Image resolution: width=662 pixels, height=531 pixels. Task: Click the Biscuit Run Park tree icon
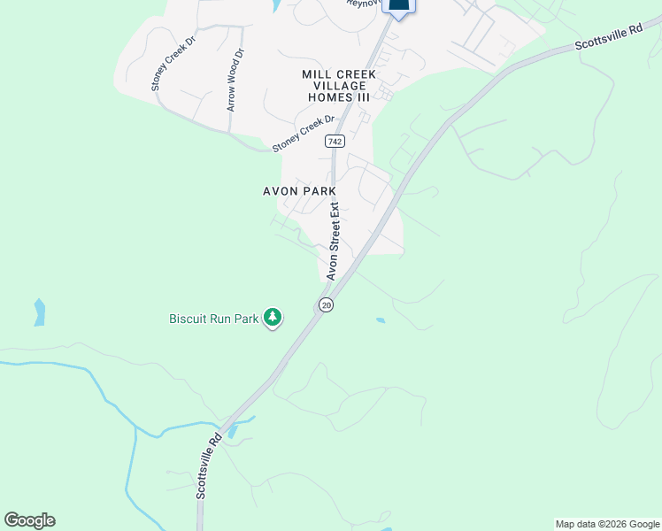(x=273, y=317)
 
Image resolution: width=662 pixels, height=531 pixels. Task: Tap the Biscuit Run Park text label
(x=214, y=318)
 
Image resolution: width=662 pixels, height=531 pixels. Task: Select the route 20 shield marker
(x=326, y=304)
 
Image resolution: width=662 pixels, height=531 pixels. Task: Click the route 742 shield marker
(x=335, y=142)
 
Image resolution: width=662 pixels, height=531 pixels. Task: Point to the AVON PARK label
(x=299, y=191)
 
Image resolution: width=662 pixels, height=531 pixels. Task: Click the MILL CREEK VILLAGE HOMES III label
(x=339, y=86)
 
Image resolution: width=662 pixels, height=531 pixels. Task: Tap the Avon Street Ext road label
(x=334, y=242)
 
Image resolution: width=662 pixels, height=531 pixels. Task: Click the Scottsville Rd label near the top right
(x=608, y=38)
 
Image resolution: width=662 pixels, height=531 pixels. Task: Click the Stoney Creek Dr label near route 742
(x=304, y=132)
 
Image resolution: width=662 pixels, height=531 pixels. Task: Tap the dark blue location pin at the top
(x=399, y=7)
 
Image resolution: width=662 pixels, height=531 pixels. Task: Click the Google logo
(x=29, y=519)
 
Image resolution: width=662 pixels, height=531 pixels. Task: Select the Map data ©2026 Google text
(x=607, y=524)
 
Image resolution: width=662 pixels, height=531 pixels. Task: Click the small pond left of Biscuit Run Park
(x=39, y=312)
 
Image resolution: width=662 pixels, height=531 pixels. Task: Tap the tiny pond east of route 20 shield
(x=381, y=320)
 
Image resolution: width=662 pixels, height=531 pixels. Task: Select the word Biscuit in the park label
(x=189, y=318)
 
